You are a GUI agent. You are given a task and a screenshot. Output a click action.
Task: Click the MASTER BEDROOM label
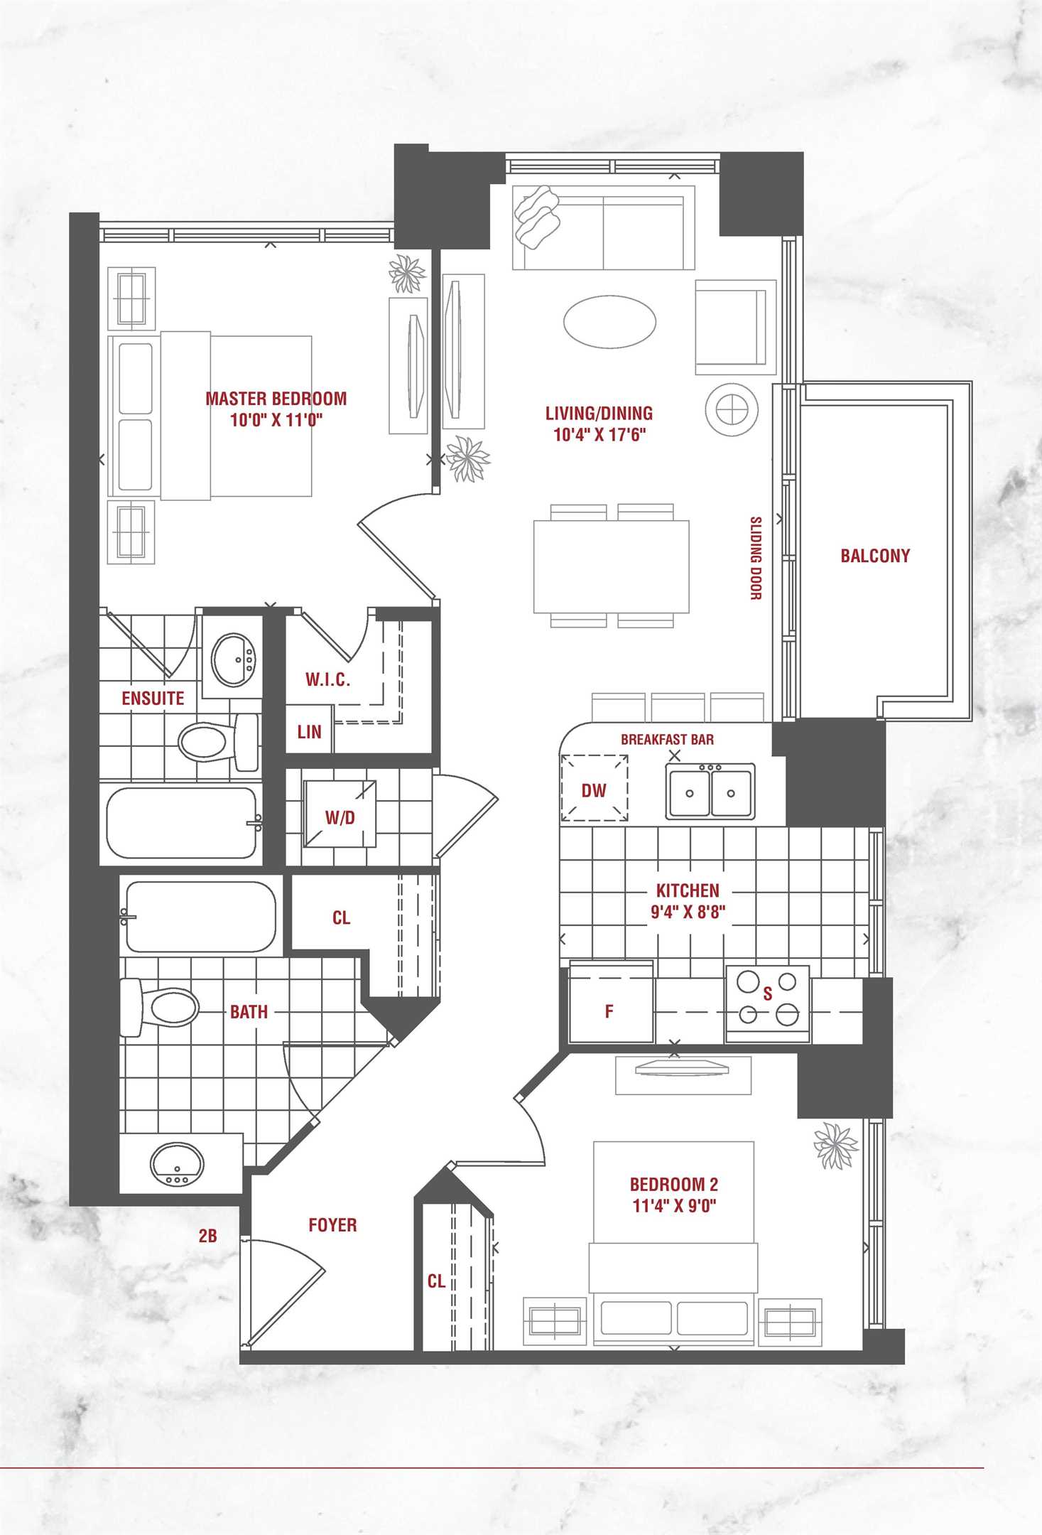click(x=276, y=399)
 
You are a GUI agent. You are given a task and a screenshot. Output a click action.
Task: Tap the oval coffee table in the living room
click(x=609, y=321)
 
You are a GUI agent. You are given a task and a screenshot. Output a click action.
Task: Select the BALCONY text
click(x=875, y=556)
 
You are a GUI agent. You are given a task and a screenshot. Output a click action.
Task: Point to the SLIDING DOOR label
click(x=756, y=558)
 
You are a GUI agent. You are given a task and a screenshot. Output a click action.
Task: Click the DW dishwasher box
click(x=594, y=788)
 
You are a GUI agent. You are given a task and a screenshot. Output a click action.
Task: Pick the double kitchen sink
click(x=710, y=792)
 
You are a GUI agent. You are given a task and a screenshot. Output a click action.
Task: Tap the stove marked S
click(x=767, y=1004)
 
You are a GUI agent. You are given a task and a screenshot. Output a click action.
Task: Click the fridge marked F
click(x=611, y=1002)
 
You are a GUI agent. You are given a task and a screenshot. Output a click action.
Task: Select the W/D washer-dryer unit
click(x=340, y=814)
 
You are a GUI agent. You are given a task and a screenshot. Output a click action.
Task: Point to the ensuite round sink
click(x=233, y=660)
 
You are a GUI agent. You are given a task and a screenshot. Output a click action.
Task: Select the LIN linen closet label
click(x=309, y=732)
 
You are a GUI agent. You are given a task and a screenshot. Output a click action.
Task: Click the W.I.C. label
click(x=327, y=679)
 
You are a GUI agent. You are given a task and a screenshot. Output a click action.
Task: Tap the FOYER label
click(x=332, y=1225)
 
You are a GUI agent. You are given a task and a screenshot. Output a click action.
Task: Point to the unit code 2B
click(x=207, y=1236)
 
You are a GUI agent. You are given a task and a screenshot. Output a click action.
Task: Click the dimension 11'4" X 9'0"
click(x=674, y=1205)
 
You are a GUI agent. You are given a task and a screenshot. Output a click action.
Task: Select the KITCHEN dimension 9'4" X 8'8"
click(x=688, y=912)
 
